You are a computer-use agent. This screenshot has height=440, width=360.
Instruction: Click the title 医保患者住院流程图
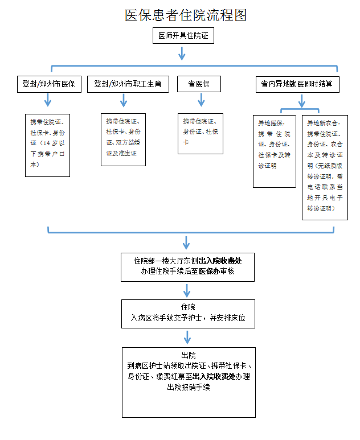click(x=186, y=15)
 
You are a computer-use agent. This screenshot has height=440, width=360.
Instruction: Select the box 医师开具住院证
click(x=183, y=36)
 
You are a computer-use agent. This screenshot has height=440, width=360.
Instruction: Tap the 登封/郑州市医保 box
click(x=49, y=84)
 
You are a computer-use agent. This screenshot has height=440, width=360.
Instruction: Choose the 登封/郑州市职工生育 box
click(x=128, y=84)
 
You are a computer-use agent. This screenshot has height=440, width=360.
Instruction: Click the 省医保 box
click(x=199, y=84)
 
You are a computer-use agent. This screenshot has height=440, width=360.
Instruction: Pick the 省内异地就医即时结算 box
click(x=297, y=84)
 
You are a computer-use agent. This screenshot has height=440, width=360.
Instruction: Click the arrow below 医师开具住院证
click(x=182, y=54)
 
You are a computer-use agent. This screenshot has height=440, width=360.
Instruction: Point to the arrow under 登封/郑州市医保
click(x=48, y=100)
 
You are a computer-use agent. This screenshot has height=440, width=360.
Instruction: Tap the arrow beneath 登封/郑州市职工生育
click(x=124, y=100)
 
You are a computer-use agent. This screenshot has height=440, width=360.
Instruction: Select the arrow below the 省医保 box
click(x=201, y=100)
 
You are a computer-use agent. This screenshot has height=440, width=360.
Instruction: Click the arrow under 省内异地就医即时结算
click(x=302, y=101)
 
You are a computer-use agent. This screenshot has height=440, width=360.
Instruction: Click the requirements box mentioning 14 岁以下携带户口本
click(x=47, y=145)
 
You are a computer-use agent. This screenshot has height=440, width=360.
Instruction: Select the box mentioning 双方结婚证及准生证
click(x=123, y=140)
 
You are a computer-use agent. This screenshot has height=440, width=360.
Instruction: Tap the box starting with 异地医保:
click(x=275, y=151)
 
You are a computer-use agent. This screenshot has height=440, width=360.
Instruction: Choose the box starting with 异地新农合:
click(x=325, y=167)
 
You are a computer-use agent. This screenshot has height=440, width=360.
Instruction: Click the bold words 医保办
click(x=210, y=271)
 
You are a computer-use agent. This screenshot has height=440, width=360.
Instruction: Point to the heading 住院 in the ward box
click(x=188, y=307)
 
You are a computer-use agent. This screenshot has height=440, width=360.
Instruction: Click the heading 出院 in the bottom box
click(x=189, y=355)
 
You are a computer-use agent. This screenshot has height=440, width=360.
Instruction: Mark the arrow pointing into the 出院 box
click(x=187, y=338)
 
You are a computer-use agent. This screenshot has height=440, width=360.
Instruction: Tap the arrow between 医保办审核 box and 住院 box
click(x=187, y=291)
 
